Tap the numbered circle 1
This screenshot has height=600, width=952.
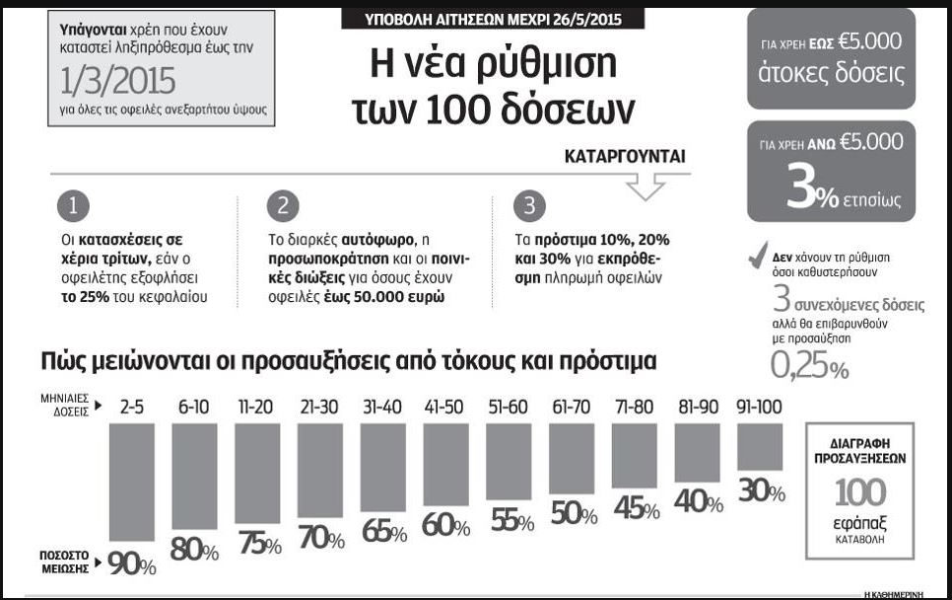click(74, 205)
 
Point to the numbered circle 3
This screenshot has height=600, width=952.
click(529, 205)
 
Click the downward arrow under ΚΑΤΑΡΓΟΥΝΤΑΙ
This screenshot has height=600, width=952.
click(646, 186)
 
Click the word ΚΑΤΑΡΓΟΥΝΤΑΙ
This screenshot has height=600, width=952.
click(625, 157)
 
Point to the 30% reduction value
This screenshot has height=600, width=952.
click(761, 489)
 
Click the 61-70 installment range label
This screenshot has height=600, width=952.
click(571, 406)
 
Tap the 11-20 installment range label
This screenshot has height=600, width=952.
click(256, 406)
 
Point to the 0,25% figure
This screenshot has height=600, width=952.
click(809, 366)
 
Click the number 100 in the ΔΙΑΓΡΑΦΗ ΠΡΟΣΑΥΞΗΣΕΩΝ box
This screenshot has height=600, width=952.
click(860, 491)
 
